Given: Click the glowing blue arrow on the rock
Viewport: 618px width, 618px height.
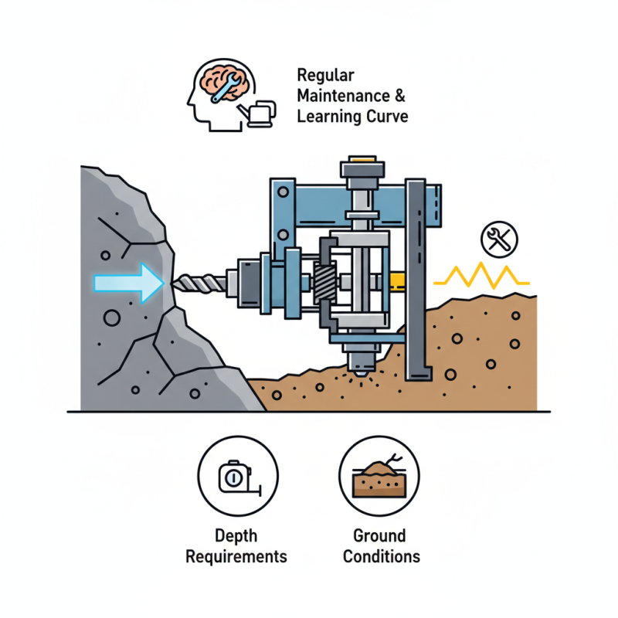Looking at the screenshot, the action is pos(128,283).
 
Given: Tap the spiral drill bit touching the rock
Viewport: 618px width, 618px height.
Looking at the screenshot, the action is pos(199,284).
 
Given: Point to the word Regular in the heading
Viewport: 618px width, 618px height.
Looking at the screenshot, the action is pos(325,75).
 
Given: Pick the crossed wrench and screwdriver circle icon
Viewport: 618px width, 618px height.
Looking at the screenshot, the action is pos(499,239).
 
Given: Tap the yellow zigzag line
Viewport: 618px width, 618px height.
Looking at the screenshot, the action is pos(481,275).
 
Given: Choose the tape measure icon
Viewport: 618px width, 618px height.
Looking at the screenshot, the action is pos(237,477).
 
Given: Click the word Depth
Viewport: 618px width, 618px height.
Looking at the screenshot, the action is pos(236,536).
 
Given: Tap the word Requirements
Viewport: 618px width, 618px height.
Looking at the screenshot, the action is pos(236,556).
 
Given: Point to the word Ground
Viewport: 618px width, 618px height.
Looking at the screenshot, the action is pos(379,535).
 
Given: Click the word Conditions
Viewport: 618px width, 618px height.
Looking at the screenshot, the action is pos(381,556).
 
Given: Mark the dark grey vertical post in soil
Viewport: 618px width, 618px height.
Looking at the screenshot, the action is pos(416,280).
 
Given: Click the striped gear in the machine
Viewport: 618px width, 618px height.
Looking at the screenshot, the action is pos(325,284).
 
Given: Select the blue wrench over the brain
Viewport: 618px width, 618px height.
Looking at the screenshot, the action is pos(226,88).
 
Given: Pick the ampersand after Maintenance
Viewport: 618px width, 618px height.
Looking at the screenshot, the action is pos(399,96).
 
